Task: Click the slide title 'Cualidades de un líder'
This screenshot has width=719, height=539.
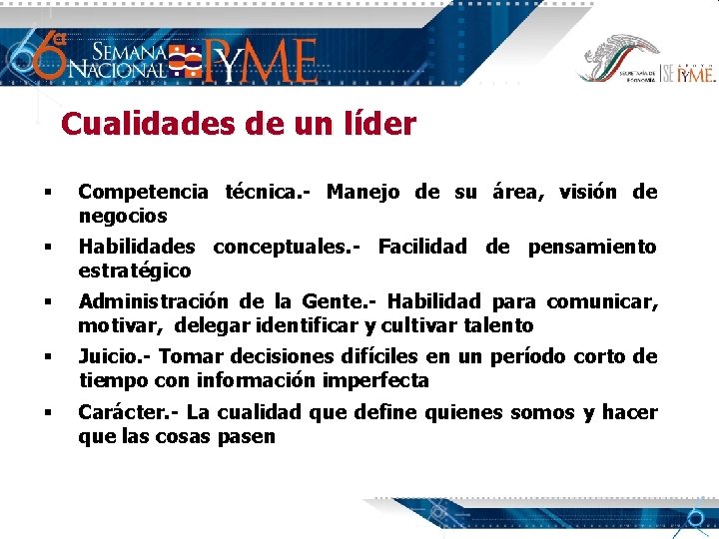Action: (238, 125)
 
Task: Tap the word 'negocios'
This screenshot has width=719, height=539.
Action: (123, 216)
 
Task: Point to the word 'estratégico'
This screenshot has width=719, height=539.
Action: (135, 270)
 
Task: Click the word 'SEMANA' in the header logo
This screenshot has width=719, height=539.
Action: (130, 51)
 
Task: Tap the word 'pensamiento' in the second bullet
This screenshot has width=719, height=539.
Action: (592, 247)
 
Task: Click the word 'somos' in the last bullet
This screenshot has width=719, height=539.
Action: (544, 412)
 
